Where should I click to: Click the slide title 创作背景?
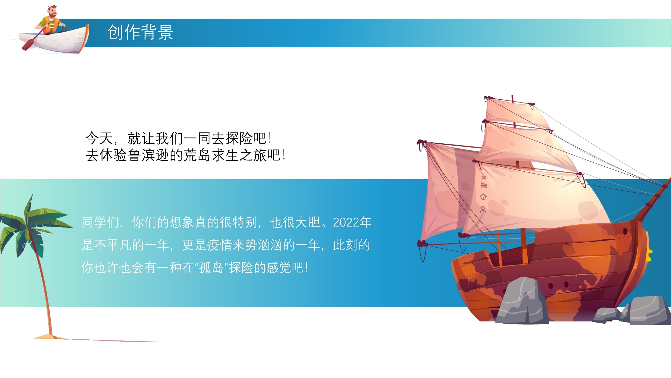coord(140,32)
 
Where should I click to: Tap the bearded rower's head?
coord(52,11)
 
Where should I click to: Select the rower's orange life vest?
coord(51,25)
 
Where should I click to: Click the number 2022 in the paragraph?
coord(346,223)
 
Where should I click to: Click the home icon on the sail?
coord(483,197)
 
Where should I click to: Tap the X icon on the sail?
coord(484,178)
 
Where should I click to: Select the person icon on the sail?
coord(483,210)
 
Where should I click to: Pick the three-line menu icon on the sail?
coord(484,185)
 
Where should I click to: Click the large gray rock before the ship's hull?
coord(522,301)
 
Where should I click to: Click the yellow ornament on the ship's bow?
coord(649,253)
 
